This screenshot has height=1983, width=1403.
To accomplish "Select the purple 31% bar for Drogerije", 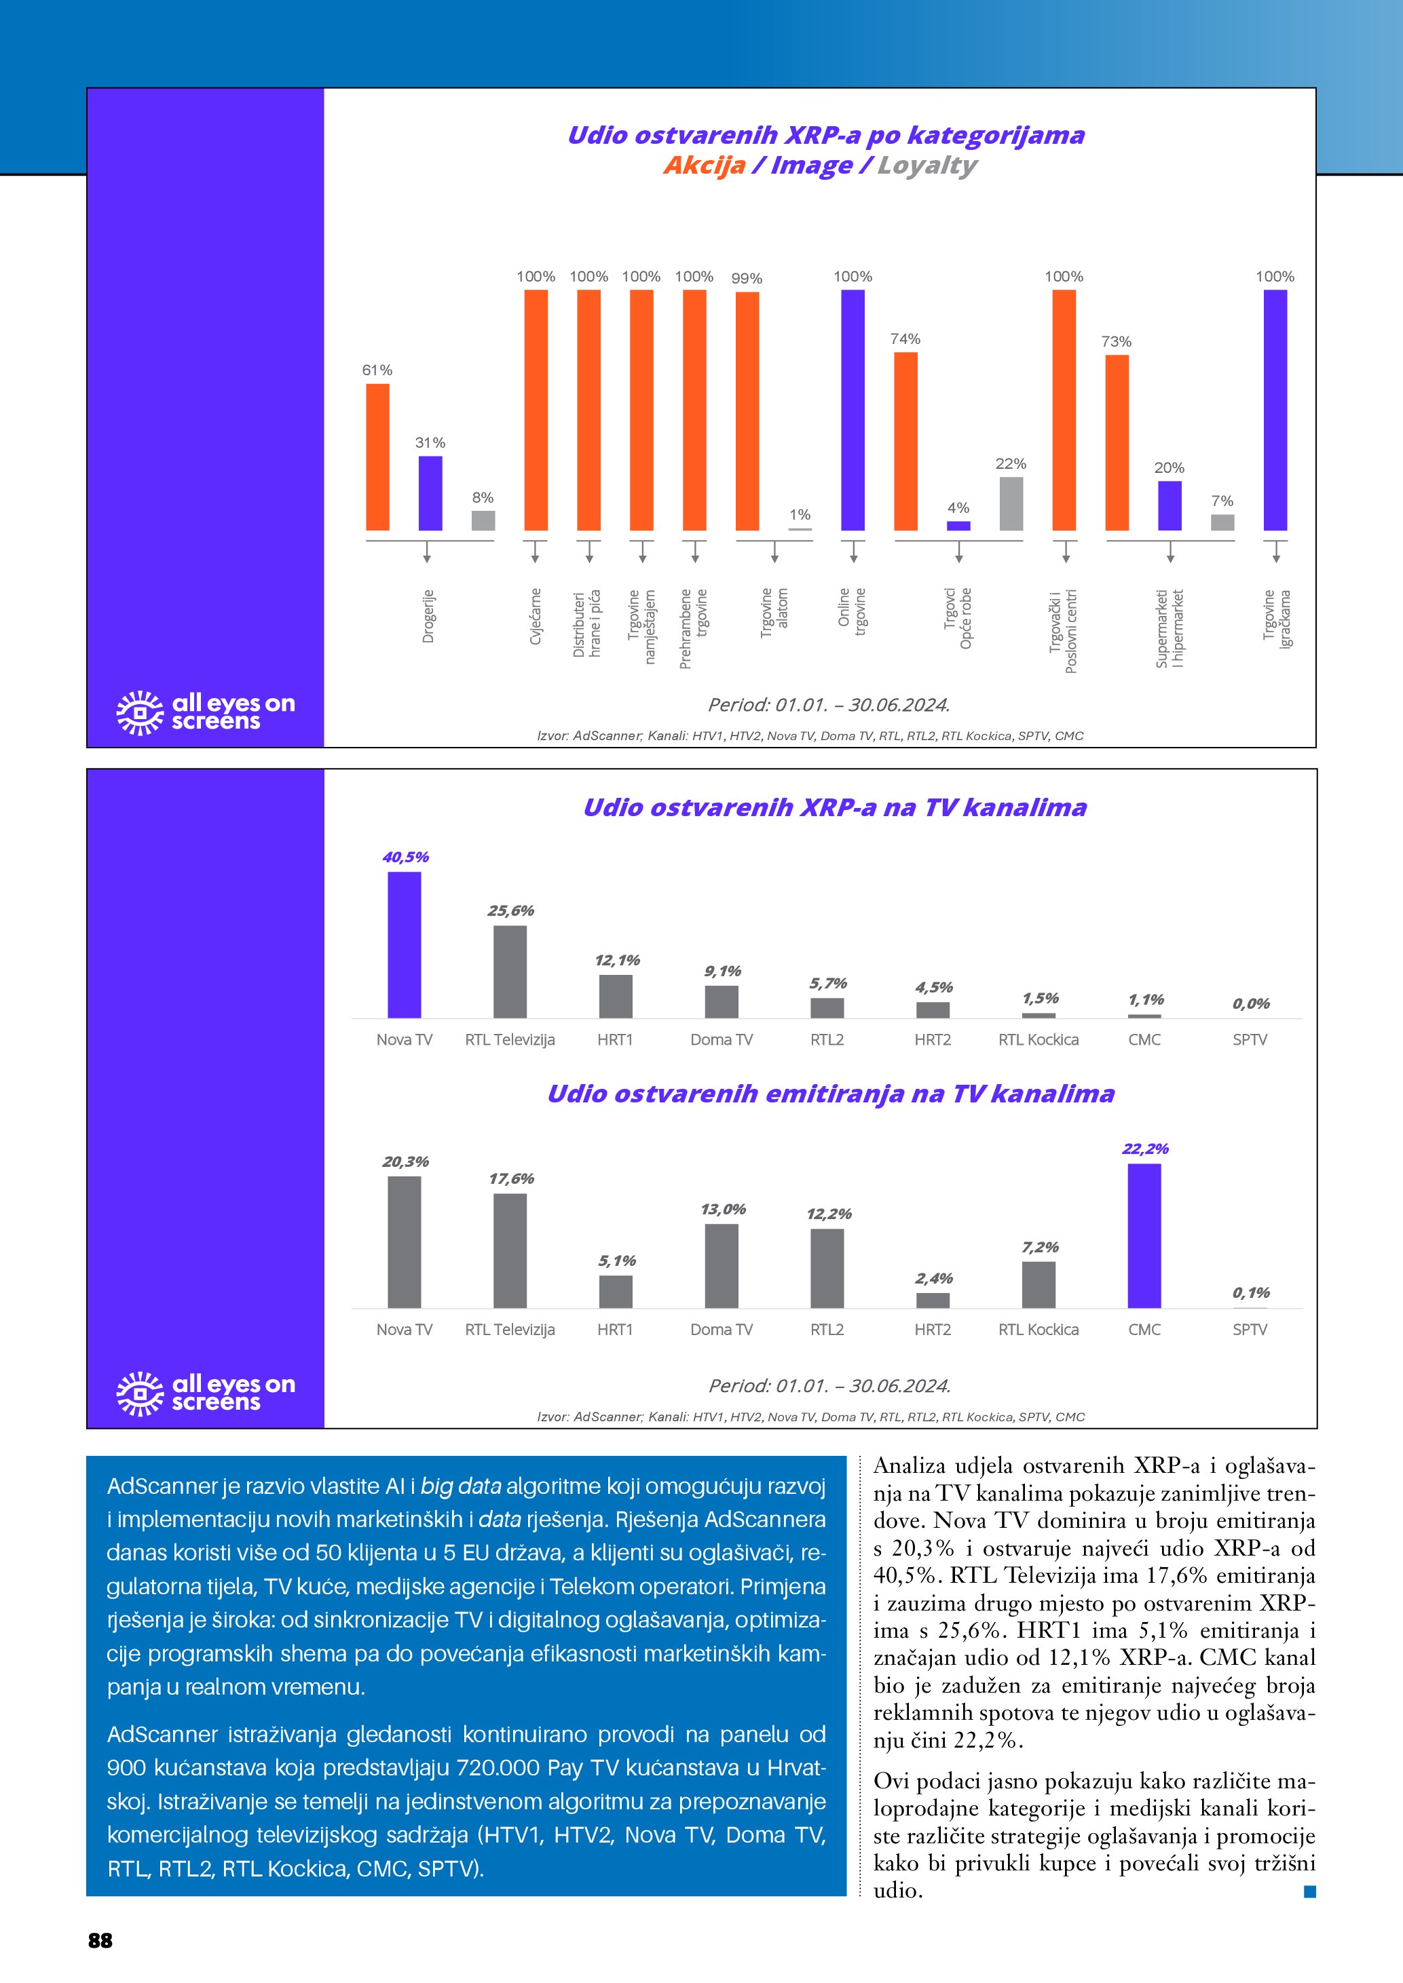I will click(x=430, y=493).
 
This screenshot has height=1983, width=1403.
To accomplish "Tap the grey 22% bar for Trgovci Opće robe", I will click(x=1011, y=503).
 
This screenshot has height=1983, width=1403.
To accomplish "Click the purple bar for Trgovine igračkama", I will click(x=1275, y=410).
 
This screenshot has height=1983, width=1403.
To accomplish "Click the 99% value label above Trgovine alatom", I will click(x=747, y=278).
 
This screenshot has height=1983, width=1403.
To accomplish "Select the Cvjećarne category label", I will click(x=536, y=616).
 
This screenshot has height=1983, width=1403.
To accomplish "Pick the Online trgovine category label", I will click(x=852, y=611).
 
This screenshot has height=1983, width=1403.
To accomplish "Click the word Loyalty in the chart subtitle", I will click(x=927, y=165).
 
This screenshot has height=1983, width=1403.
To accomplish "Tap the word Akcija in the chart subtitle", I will click(x=704, y=165).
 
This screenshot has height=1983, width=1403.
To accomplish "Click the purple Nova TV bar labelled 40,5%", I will click(x=405, y=945).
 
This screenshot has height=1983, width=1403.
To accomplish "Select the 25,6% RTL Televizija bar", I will click(x=510, y=971).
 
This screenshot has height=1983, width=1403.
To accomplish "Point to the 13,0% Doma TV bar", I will click(x=722, y=1265).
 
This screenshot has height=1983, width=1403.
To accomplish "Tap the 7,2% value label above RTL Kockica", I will click(x=1039, y=1247).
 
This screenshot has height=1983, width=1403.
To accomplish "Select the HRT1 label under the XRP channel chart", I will click(x=615, y=1040).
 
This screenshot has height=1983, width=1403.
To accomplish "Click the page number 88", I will click(x=100, y=1941).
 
